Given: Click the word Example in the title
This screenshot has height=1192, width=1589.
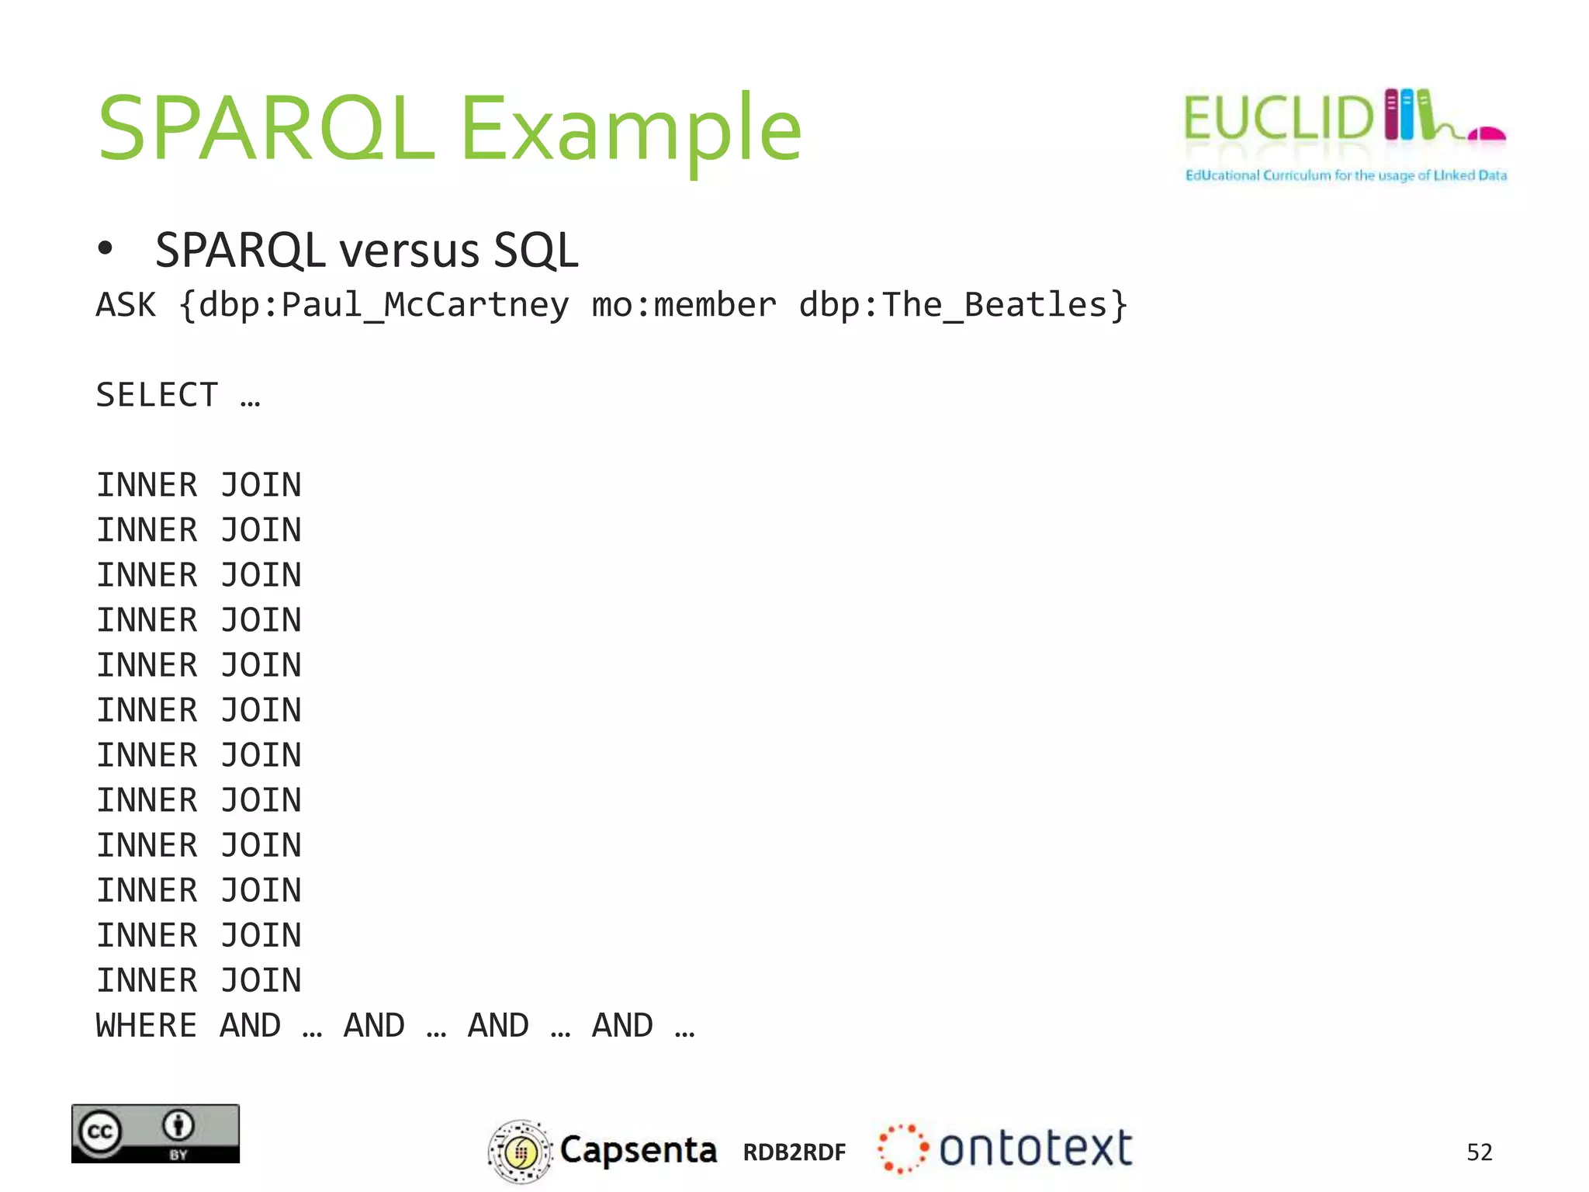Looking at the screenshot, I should (630, 128).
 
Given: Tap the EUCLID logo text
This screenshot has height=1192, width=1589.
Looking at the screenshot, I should (1279, 119).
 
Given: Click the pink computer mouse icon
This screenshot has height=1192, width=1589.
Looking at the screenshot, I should (1487, 135).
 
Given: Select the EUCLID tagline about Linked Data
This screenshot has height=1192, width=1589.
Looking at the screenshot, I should (1345, 175).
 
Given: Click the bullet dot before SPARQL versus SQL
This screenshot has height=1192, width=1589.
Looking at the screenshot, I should (106, 249).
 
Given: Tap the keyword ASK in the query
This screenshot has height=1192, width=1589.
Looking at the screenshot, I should (126, 305).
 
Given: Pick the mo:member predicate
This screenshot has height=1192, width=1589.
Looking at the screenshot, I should (683, 305).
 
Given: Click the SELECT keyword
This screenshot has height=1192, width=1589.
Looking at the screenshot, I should (157, 395).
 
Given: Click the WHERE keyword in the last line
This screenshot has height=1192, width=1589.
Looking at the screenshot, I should (146, 1026).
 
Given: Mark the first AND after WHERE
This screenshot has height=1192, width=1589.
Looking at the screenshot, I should (250, 1026).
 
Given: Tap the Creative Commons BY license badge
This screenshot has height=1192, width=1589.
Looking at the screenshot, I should (155, 1133).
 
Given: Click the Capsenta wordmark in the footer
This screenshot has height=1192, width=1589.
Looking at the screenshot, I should (638, 1150).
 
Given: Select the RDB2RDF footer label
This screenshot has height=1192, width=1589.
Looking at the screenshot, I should (794, 1152).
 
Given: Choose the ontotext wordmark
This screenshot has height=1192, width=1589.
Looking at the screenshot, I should (1035, 1149).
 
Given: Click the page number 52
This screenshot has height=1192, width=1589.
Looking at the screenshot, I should (1479, 1152).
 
